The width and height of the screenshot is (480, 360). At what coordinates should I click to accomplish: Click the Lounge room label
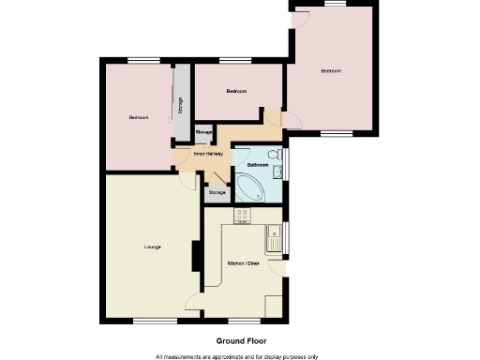[152, 247]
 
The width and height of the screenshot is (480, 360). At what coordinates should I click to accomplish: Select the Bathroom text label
[258, 165]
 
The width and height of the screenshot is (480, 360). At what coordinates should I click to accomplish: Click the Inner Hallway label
[207, 154]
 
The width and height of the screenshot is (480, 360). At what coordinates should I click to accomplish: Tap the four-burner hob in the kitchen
[242, 215]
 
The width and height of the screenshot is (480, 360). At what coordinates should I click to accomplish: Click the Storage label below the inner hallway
[217, 192]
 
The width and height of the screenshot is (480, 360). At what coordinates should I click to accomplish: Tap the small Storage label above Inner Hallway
[203, 133]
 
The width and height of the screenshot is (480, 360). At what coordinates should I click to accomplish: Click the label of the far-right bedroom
[330, 71]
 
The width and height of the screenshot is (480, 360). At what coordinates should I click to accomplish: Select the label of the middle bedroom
[236, 91]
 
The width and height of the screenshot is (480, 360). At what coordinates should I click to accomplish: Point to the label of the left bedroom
[139, 117]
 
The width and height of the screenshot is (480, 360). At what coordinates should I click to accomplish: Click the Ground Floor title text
[237, 341]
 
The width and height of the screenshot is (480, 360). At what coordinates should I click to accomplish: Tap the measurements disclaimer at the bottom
[237, 356]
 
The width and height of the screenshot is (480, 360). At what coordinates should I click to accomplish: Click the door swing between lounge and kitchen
[194, 302]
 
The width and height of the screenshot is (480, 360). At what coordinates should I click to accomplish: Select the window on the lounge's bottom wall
[147, 321]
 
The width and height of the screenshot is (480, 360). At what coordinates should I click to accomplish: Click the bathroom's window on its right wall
[286, 162]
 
